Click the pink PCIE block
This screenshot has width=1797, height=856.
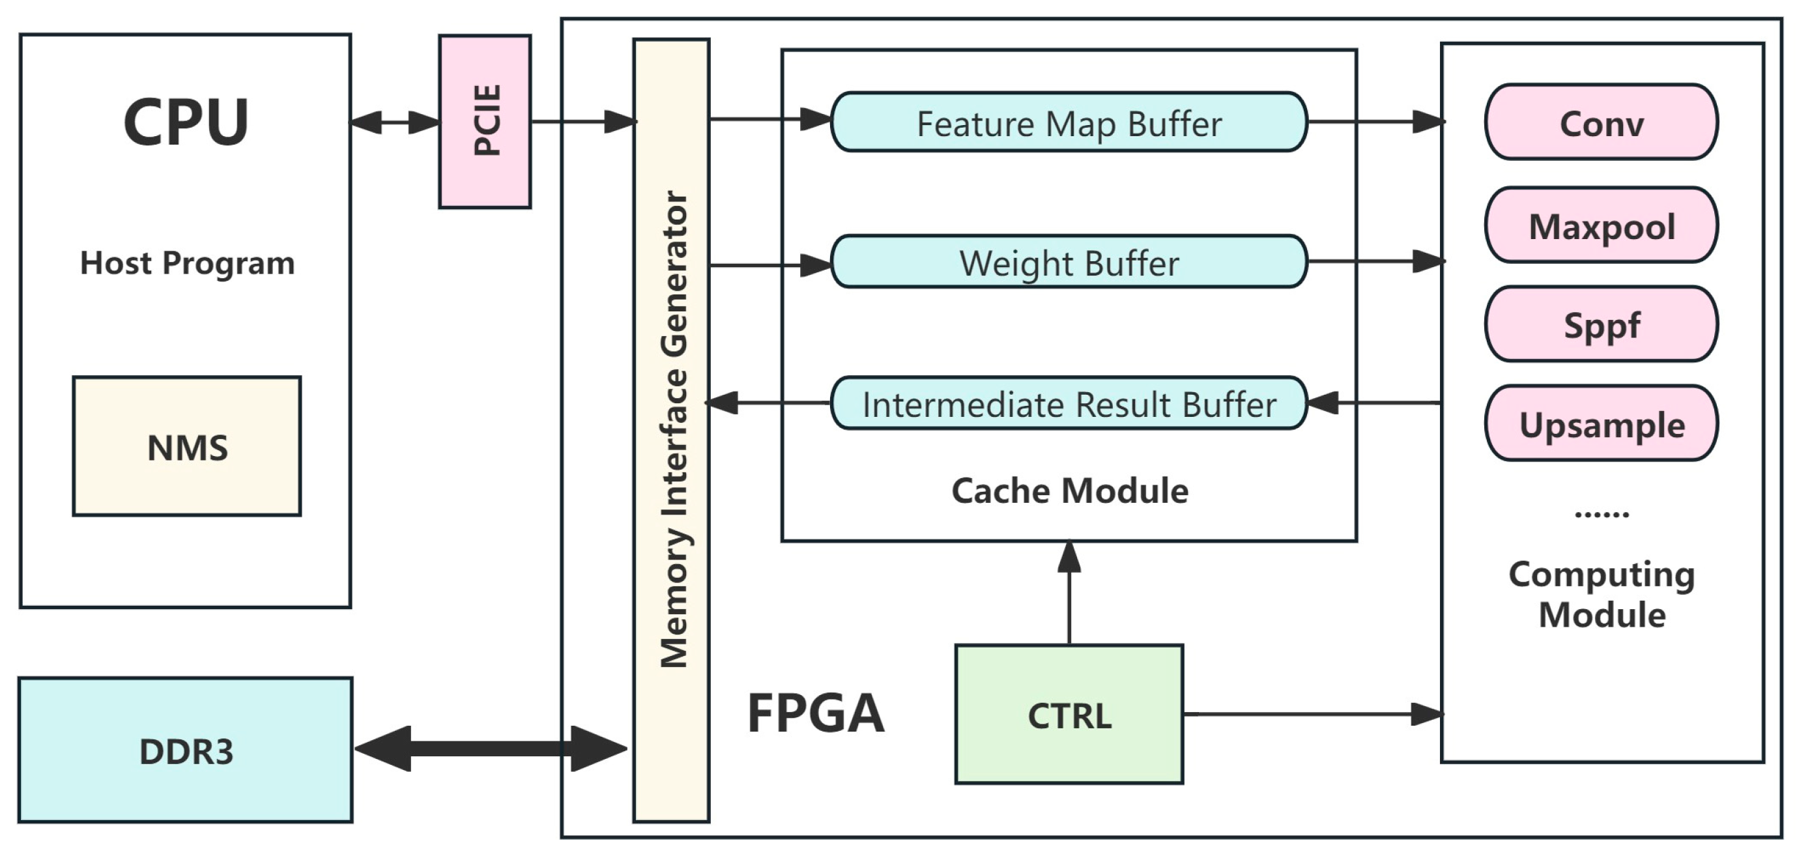tap(485, 121)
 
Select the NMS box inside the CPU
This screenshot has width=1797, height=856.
tap(187, 446)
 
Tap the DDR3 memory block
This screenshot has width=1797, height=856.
tap(186, 750)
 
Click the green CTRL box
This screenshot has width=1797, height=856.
tap(1069, 715)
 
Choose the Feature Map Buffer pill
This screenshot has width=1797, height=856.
tap(1069, 122)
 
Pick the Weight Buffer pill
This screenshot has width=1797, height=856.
tap(1069, 262)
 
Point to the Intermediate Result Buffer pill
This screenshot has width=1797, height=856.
tap(1069, 403)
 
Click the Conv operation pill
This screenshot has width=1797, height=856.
tap(1601, 122)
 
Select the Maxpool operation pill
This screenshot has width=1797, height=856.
tap(1601, 225)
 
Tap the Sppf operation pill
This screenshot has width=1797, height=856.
tap(1601, 324)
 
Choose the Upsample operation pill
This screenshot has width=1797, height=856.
tap(1601, 423)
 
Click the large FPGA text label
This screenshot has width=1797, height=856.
tap(816, 713)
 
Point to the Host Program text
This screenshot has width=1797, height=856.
tap(187, 263)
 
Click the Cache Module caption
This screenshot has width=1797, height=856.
tap(1069, 491)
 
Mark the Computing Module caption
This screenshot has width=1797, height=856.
tap(1601, 594)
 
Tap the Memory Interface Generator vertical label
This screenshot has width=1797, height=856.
tap(673, 429)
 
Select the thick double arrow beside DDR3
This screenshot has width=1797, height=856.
tap(491, 749)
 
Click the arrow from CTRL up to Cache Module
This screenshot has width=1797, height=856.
tap(1069, 593)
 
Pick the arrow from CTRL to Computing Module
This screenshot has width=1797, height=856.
tap(1312, 714)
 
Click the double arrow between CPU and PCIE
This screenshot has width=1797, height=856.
tap(395, 122)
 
